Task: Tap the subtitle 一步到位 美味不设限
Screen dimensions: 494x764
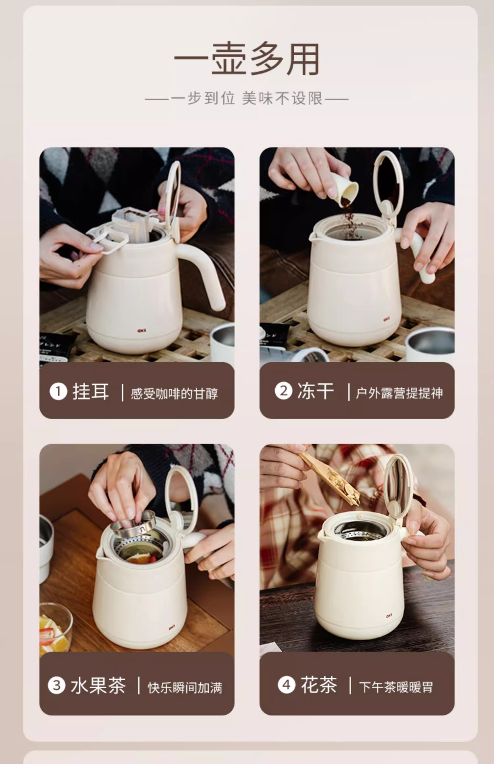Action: (247, 98)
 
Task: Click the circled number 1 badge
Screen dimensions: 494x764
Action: (58, 392)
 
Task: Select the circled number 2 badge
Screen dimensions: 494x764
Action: (284, 391)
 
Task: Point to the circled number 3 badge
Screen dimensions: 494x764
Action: (56, 685)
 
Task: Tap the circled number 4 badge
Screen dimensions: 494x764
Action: (286, 685)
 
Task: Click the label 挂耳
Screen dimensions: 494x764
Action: (91, 392)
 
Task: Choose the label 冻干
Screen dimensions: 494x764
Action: (316, 391)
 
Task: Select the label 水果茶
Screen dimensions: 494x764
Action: (98, 685)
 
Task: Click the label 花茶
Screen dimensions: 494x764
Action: (319, 685)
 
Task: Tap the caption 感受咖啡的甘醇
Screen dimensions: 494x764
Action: (174, 394)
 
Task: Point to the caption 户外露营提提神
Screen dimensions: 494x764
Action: (399, 393)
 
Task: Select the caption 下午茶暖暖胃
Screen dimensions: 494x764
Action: (396, 687)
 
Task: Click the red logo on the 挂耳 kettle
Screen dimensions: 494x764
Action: (142, 330)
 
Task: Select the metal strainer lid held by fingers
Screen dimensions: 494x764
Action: (133, 523)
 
